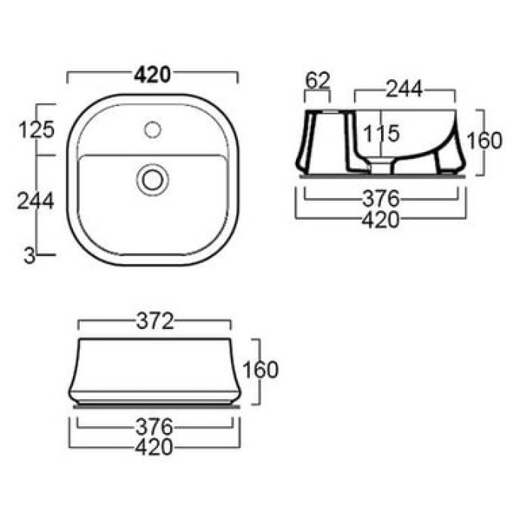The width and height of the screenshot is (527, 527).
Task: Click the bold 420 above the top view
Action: point(152,75)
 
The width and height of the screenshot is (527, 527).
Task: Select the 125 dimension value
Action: point(36,129)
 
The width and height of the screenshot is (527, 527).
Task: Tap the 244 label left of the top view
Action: point(35,201)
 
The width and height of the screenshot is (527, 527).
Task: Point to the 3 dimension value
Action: point(29,257)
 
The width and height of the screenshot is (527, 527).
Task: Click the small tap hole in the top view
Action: point(153,129)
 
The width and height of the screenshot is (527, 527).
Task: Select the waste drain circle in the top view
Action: point(153,180)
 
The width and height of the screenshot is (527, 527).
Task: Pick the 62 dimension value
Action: point(318,81)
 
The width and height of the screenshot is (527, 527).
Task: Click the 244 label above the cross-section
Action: point(404,89)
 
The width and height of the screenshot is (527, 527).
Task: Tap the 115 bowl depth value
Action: point(382,133)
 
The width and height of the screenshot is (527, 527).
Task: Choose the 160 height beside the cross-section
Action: point(484,141)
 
